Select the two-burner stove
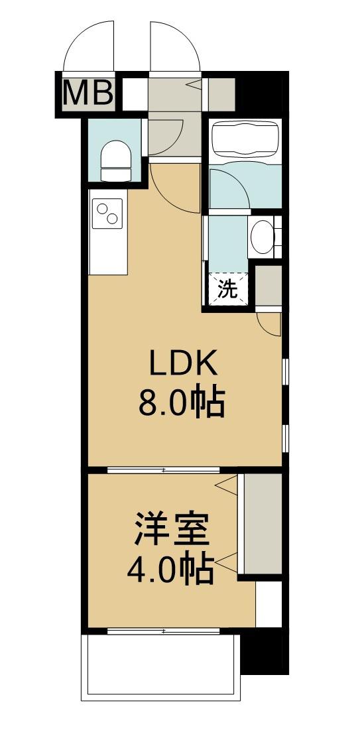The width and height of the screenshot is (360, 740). [x=108, y=214]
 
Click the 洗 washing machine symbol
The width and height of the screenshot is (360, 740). [x=228, y=290]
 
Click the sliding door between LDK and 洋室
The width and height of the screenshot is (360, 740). [x=163, y=470]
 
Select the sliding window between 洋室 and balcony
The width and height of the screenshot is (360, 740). [x=163, y=631]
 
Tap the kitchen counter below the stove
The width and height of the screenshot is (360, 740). [x=108, y=252]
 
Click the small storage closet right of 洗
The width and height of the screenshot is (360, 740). [x=269, y=285]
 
